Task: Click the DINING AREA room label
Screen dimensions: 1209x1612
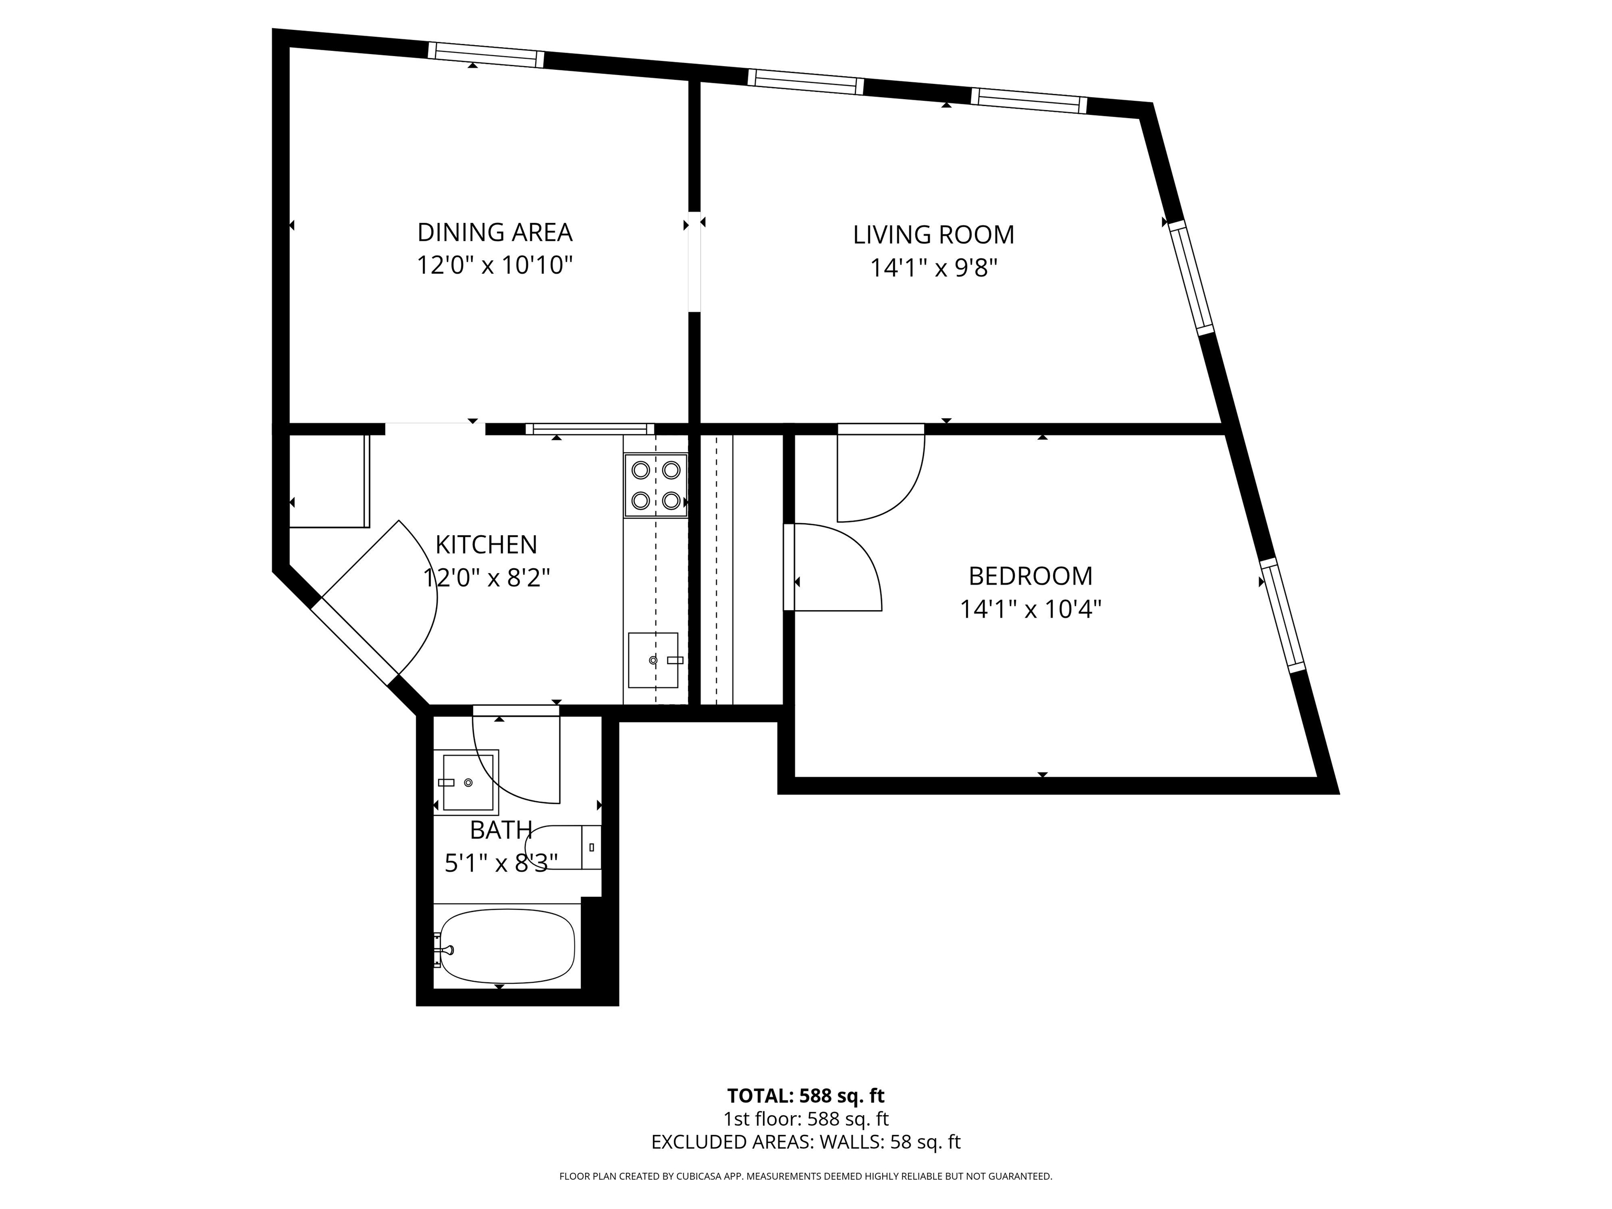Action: coord(495,232)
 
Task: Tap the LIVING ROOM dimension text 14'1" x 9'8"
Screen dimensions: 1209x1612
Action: coord(933,268)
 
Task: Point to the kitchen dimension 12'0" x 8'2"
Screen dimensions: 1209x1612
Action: coord(486,578)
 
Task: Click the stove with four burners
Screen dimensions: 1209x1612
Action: coord(655,485)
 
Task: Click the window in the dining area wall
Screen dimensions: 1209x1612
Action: coord(485,55)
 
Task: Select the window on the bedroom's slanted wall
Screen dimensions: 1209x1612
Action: coord(1282,615)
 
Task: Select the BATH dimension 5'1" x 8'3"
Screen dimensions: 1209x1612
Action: coord(501,863)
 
